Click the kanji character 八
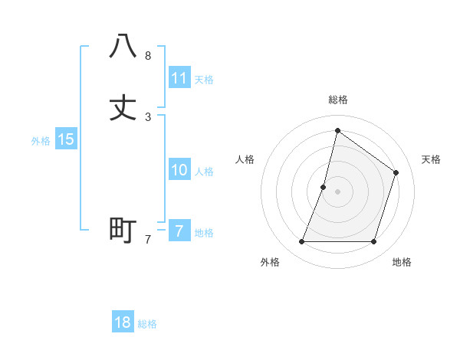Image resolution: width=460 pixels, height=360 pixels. pyautogui.click(x=123, y=46)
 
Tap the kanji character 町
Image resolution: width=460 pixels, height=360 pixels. pyautogui.click(x=123, y=230)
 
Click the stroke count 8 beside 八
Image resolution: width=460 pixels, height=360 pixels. pyautogui.click(x=148, y=56)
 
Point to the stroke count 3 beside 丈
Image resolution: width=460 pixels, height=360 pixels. pyautogui.click(x=148, y=117)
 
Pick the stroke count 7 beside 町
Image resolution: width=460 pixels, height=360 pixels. pyautogui.click(x=148, y=240)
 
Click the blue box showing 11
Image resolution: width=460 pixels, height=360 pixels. pyautogui.click(x=179, y=78)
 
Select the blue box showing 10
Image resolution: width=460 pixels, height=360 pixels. pyautogui.click(x=179, y=170)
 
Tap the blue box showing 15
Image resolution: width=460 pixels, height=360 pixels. pyautogui.click(x=66, y=139)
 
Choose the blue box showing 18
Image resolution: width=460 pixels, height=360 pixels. pyautogui.click(x=123, y=322)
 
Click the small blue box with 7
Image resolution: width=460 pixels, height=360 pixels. pyautogui.click(x=179, y=231)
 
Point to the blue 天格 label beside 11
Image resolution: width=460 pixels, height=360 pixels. pyautogui.click(x=204, y=80)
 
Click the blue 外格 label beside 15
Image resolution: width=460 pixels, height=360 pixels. pyautogui.click(x=41, y=141)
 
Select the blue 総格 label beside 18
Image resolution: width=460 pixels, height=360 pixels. pyautogui.click(x=147, y=324)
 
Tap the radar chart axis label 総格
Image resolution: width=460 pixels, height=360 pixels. pyautogui.click(x=338, y=100)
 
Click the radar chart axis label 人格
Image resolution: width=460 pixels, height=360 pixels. pyautogui.click(x=245, y=159)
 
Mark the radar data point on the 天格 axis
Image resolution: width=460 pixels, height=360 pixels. pyautogui.click(x=396, y=172)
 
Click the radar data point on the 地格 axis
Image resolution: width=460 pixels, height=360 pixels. pyautogui.click(x=373, y=242)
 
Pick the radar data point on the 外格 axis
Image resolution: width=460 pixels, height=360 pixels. pyautogui.click(x=301, y=242)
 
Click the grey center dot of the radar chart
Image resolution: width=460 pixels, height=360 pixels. pyautogui.click(x=337, y=191)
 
